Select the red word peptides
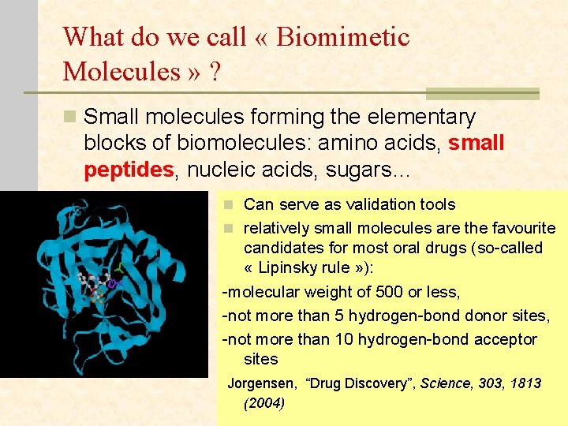click(x=129, y=170)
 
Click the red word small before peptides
click(x=476, y=144)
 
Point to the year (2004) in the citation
click(x=264, y=403)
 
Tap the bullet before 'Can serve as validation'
click(x=227, y=205)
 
